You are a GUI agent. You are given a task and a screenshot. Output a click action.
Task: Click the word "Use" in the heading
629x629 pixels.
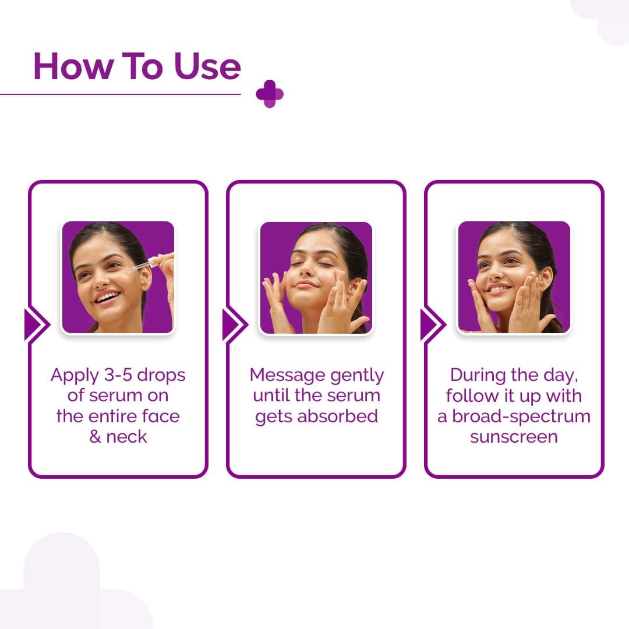tap(207, 66)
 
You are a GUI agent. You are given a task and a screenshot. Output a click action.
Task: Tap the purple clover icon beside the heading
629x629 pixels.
tap(270, 94)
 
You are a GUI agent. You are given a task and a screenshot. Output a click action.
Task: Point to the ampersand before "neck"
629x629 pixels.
tap(96, 437)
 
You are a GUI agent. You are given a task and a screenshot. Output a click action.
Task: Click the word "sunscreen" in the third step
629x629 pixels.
tap(514, 437)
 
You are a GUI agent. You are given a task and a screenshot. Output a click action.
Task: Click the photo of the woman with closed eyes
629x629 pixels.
tap(316, 278)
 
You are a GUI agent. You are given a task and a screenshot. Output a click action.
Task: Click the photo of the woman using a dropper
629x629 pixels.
tap(118, 278)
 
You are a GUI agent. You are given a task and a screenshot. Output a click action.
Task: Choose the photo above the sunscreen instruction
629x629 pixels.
tap(514, 278)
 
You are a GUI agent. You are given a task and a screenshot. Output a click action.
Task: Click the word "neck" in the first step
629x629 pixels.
tap(128, 437)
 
